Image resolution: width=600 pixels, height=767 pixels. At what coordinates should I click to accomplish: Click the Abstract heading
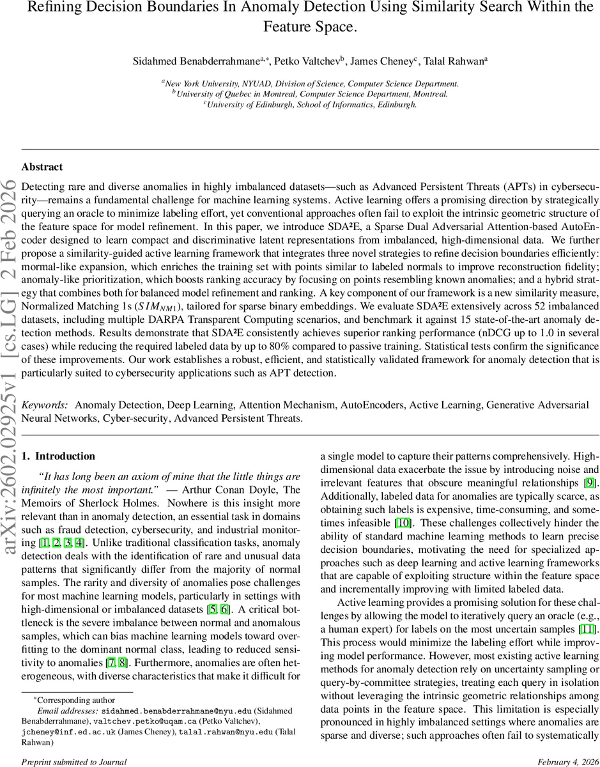pyautogui.click(x=42, y=167)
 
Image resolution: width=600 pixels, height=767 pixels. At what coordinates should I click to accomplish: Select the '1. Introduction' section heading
pyautogui.click(x=58, y=456)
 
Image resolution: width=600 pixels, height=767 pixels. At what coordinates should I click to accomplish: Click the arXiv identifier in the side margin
pyautogui.click(x=11, y=268)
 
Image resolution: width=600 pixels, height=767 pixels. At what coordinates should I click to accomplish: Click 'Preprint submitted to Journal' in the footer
pyautogui.click(x=74, y=762)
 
